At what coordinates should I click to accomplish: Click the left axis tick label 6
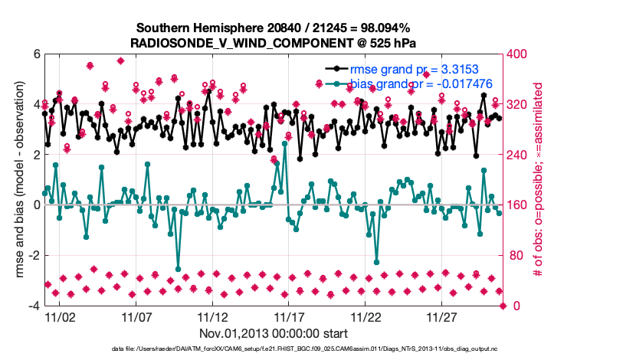coord(35,54)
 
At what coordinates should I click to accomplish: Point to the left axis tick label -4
coord(33,306)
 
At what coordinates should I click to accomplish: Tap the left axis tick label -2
coord(33,255)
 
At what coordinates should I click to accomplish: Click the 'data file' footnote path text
coord(317,350)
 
